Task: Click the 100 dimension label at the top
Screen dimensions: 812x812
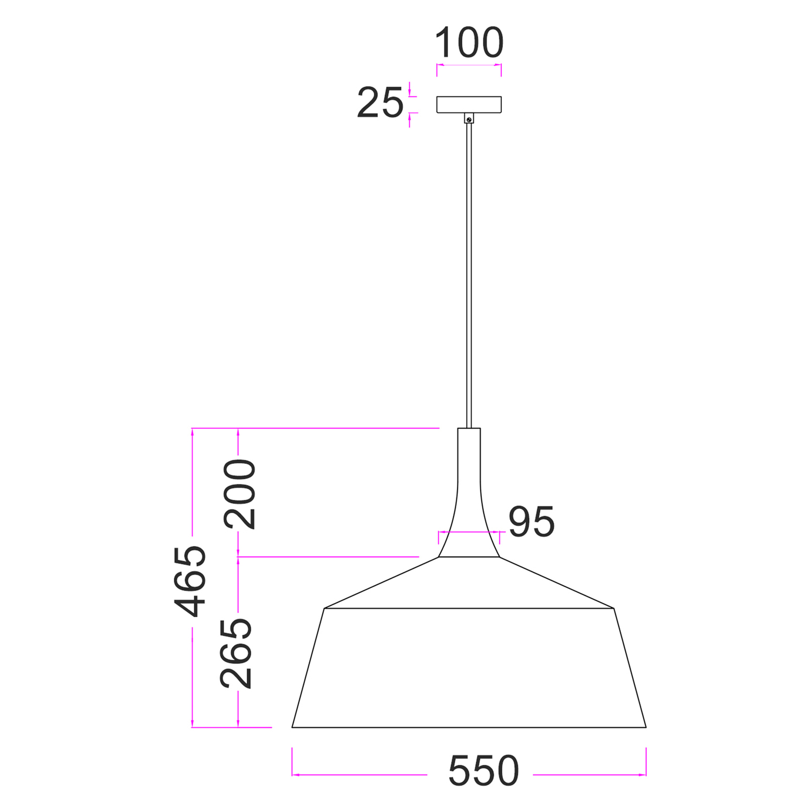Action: coord(469,43)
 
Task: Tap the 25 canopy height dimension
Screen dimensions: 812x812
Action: coord(380,102)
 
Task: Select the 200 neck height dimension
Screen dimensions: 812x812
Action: coord(240,494)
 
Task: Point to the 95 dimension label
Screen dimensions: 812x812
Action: coord(532,522)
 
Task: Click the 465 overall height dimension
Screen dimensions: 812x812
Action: coord(190,581)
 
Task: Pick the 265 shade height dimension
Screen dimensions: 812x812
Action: coord(236,653)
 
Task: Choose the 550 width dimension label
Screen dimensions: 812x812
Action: coord(483,771)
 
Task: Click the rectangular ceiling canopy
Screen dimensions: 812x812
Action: coord(469,104)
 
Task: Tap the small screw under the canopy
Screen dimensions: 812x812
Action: coord(469,118)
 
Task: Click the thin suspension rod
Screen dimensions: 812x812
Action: coord(469,276)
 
